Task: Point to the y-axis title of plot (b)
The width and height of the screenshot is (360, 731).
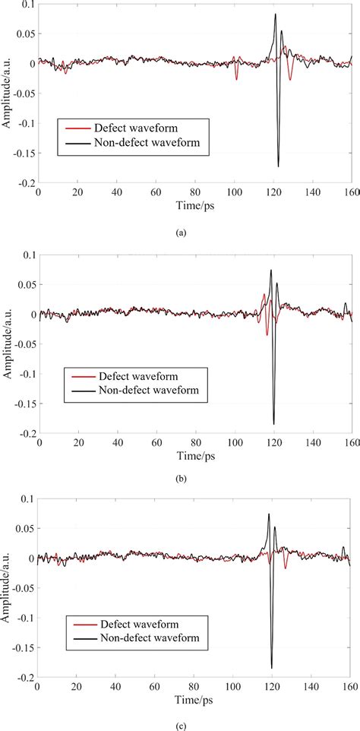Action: [7, 344]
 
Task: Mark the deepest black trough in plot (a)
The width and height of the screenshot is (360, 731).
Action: [279, 166]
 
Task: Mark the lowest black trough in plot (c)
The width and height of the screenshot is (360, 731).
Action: [271, 668]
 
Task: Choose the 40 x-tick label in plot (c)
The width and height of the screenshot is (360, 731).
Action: [116, 685]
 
